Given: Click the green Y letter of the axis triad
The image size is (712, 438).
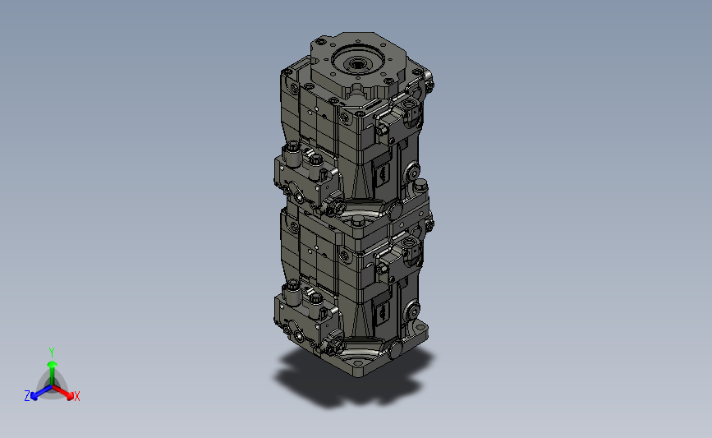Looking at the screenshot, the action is (x=52, y=353).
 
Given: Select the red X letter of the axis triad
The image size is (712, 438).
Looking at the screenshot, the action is (x=76, y=396).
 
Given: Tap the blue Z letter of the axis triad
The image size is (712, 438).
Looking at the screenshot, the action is (x=27, y=396).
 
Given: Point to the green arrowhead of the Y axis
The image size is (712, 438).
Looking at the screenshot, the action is (x=53, y=364).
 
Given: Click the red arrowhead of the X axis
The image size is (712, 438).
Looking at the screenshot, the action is (x=70, y=396).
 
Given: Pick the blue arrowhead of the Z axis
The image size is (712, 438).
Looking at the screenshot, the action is (x=34, y=396).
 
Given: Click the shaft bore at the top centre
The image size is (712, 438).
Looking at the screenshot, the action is (x=356, y=62).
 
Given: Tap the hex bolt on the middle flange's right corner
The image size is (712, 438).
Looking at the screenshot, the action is (x=420, y=184).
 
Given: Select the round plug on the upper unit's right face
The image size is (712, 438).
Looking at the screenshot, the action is (x=413, y=173).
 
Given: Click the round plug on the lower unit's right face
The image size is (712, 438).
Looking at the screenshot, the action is (x=413, y=311).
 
